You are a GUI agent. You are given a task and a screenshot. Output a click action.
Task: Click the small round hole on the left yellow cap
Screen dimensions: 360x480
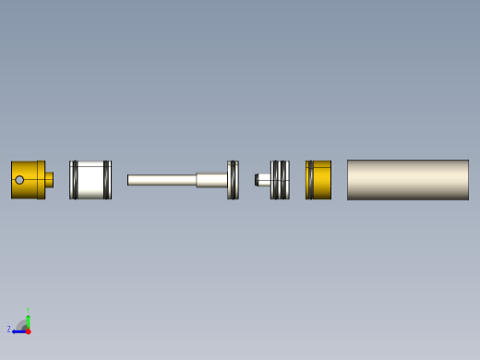[19, 180]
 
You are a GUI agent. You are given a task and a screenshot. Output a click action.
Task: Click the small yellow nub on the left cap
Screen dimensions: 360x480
[49, 180]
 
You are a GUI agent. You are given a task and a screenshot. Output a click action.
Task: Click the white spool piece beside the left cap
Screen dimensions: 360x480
[90, 180]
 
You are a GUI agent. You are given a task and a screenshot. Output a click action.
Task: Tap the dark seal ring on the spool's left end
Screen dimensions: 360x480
[74, 180]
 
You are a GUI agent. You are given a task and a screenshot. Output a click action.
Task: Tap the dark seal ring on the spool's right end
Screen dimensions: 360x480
[107, 180]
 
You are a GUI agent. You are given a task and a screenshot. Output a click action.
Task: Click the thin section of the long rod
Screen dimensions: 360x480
[162, 180]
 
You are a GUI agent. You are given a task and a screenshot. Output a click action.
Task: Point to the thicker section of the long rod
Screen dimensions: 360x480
[211, 180]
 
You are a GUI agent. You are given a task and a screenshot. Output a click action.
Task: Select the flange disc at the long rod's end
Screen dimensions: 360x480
[233, 180]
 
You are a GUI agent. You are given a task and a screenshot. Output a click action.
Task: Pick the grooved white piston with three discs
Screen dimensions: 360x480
[280, 180]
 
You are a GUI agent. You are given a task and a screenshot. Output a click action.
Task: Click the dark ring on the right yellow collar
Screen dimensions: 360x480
[310, 180]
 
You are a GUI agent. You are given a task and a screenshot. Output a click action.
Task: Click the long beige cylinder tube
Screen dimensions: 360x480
[408, 180]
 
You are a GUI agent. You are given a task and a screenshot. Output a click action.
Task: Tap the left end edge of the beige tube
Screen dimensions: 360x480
[348, 180]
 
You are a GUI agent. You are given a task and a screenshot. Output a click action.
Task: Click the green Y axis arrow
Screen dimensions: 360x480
[28, 317]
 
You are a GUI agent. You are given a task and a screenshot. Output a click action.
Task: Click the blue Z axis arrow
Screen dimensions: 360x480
[18, 330]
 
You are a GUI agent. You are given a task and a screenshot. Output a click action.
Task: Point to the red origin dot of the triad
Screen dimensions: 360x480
[28, 330]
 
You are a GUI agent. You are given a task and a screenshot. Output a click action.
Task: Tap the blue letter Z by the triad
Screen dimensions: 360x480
[9, 330]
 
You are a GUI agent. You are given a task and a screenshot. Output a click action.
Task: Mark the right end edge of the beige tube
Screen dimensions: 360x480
[468, 180]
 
